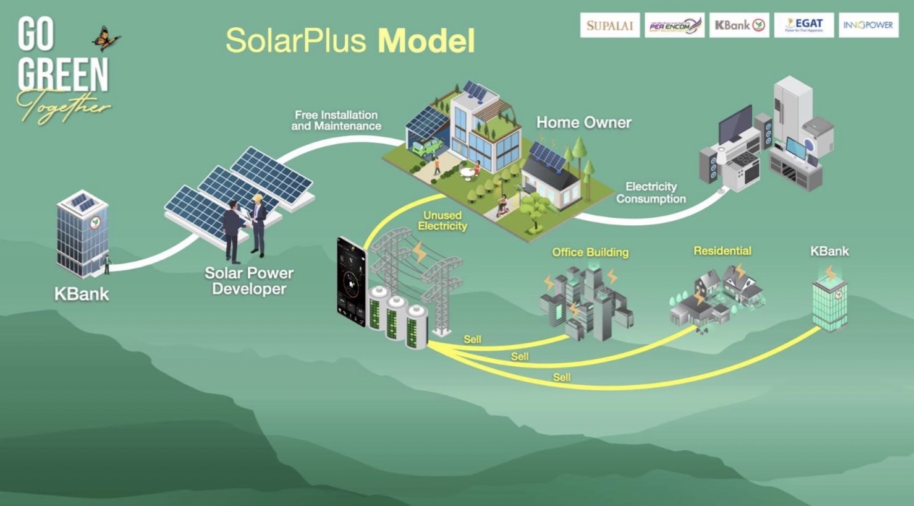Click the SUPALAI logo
609,25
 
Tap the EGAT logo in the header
803,25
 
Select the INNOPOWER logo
868,25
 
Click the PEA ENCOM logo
674,25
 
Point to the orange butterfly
106,38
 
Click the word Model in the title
426,41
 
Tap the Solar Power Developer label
248,281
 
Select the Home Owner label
583,122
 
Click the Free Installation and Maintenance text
336,120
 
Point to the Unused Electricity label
442,221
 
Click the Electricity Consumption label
651,192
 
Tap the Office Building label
590,252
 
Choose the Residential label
722,251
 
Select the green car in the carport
427,147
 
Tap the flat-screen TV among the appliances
735,124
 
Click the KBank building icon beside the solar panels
82,234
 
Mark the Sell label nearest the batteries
472,339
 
